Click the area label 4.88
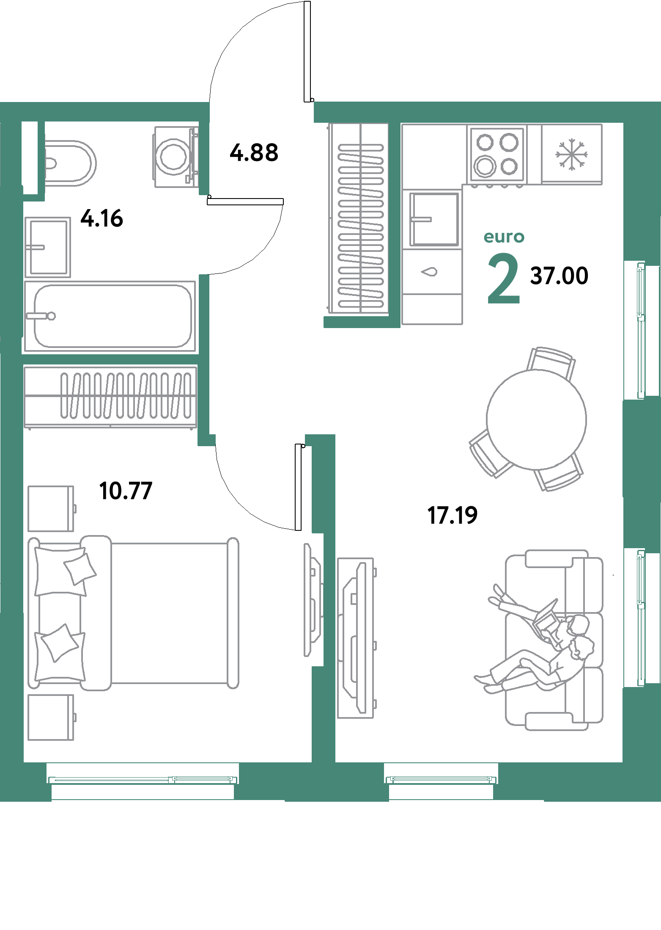point(254,153)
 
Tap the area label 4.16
point(102,218)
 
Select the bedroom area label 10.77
point(126,491)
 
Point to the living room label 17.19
point(453,515)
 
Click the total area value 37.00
point(559,276)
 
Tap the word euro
point(504,237)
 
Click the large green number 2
point(503,280)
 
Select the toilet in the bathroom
point(70,163)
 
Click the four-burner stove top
point(497,155)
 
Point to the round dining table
point(536,419)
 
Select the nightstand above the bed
point(51,508)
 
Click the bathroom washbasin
point(47,247)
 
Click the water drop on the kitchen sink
point(431,272)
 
